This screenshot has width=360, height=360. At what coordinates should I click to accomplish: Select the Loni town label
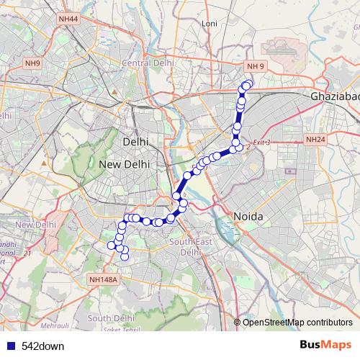click(x=210, y=24)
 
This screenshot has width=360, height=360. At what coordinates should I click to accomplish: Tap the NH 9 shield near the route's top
click(x=256, y=66)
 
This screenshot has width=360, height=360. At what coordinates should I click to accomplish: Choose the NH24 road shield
click(x=315, y=139)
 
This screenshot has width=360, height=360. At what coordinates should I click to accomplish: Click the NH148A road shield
click(x=103, y=279)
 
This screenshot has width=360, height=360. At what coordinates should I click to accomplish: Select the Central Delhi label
click(x=145, y=63)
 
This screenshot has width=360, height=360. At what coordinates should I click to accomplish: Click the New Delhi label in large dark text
click(x=124, y=164)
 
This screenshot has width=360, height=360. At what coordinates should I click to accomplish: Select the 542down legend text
click(x=43, y=346)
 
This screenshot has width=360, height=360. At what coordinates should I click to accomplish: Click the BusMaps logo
click(x=325, y=346)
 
